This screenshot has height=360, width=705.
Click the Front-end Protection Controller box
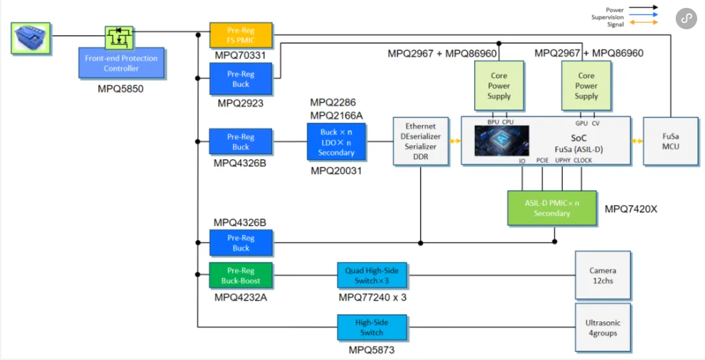tap(121, 63)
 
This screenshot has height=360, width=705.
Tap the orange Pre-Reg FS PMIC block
tap(241, 35)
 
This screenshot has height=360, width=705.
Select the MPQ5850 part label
tap(121, 89)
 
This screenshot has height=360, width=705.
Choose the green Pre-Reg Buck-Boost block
tap(241, 276)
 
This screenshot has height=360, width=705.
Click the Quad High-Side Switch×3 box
tap(371, 276)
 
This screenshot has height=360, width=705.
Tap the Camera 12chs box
tap(603, 276)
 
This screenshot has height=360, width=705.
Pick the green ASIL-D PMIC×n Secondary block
tap(551, 208)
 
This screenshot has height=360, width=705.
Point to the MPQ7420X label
tap(629, 209)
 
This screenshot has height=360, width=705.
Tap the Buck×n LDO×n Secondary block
tap(336, 141)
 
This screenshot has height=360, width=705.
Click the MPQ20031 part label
tap(336, 171)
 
